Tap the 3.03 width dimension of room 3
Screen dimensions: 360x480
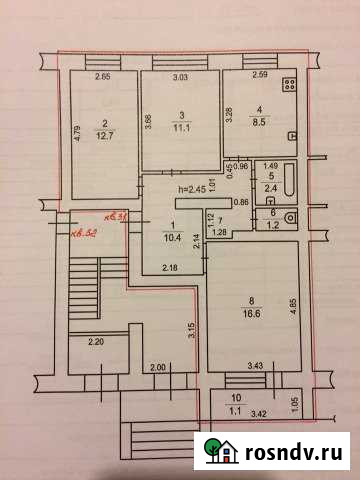pyautogui.click(x=180, y=77)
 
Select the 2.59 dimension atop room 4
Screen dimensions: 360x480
pyautogui.click(x=259, y=76)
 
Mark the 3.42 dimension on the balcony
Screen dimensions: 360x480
pyautogui.click(x=258, y=411)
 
